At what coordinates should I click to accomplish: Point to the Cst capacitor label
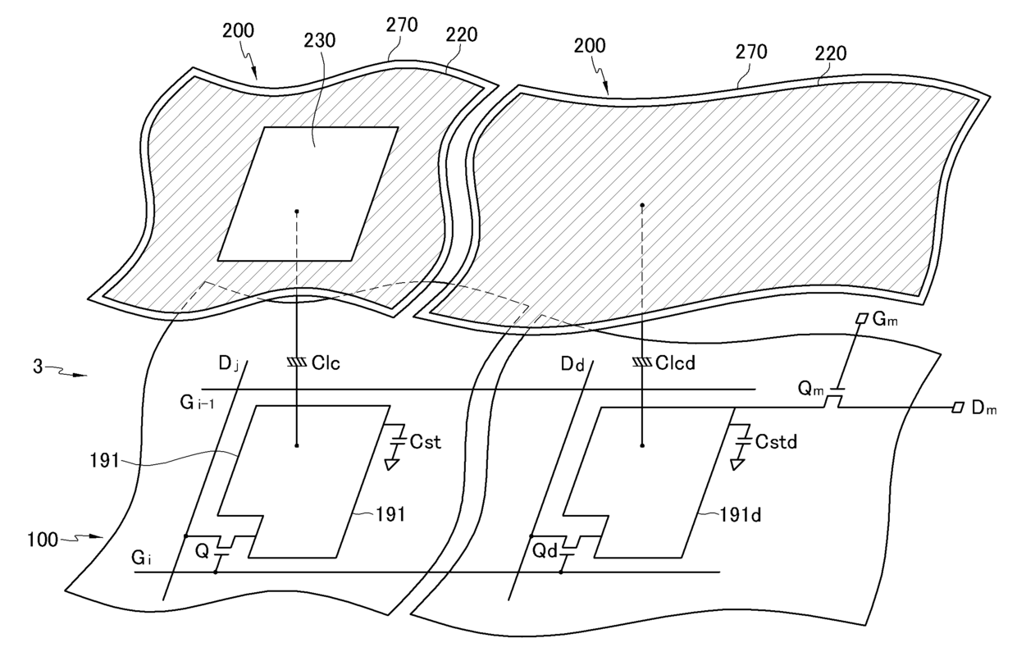(x=426, y=443)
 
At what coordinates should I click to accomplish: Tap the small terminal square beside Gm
(x=861, y=318)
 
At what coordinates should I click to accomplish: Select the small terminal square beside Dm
(x=956, y=408)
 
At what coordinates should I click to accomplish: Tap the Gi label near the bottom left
(x=143, y=558)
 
